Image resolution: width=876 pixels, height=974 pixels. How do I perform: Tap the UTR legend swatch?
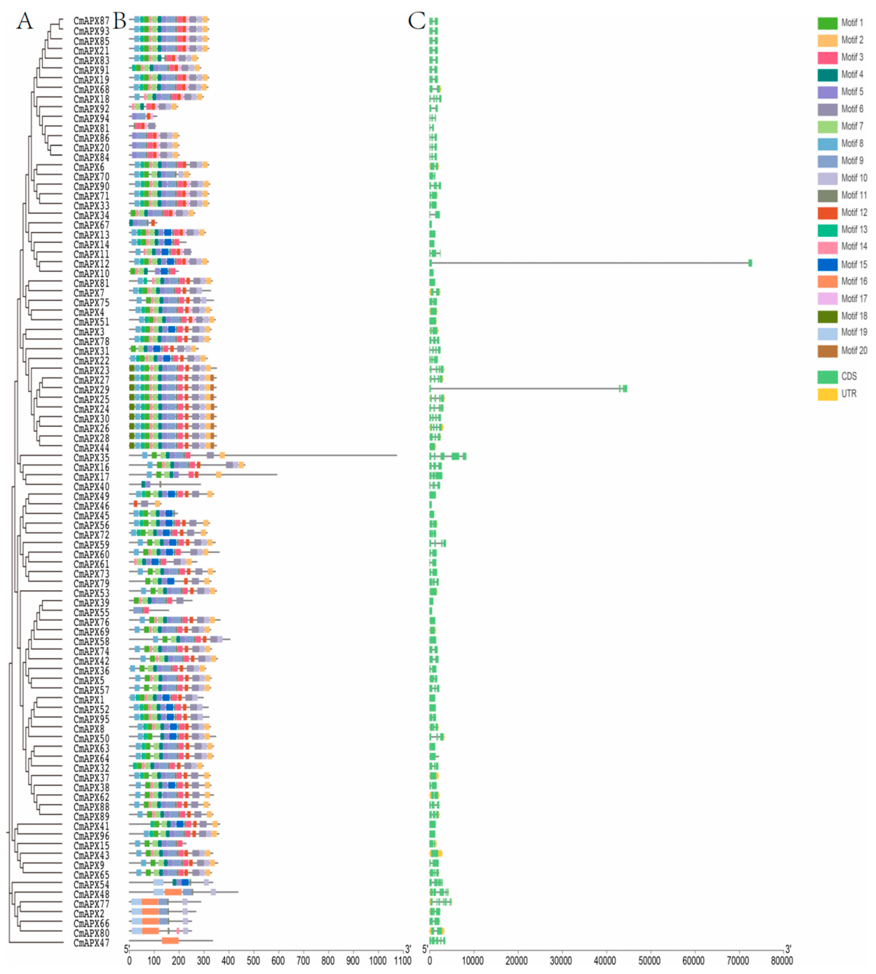point(827,394)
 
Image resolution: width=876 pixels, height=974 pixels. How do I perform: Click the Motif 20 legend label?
point(854,350)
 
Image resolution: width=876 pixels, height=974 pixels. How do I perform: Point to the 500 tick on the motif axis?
point(254,961)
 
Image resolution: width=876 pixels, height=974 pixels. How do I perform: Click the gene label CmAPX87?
point(91,21)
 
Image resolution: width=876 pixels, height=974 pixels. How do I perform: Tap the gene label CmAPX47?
point(91,943)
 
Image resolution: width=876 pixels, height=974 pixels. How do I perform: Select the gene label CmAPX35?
point(91,457)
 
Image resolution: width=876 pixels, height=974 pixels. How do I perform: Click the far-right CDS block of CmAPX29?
point(624,389)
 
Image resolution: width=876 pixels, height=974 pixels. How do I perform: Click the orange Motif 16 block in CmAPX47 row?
point(170,941)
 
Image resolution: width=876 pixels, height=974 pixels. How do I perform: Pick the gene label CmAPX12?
point(91,264)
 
